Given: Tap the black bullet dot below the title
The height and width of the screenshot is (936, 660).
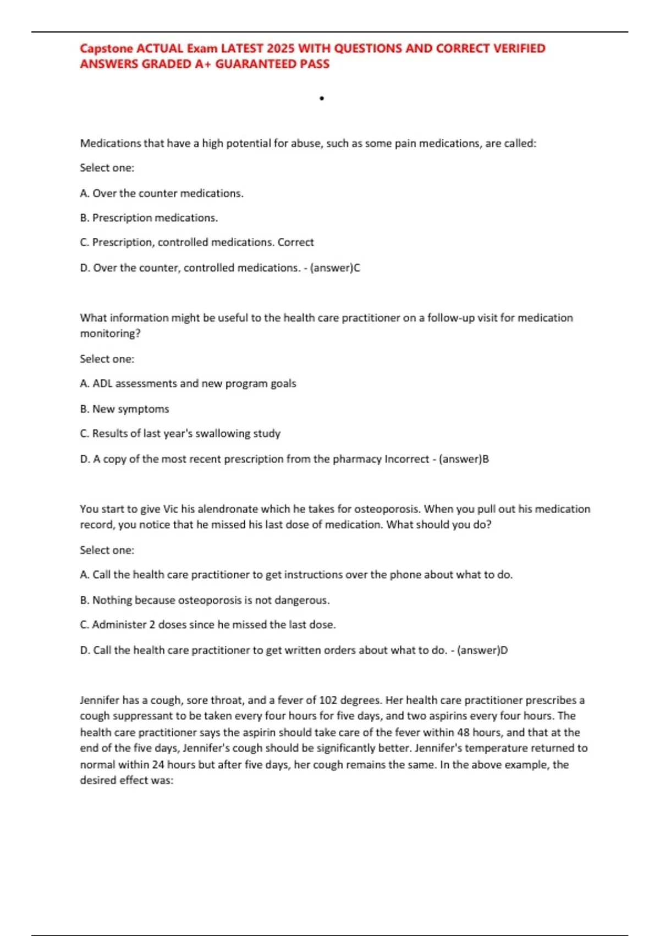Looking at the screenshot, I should pyautogui.click(x=322, y=99).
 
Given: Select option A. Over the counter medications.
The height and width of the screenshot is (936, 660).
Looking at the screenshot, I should pyautogui.click(x=162, y=193).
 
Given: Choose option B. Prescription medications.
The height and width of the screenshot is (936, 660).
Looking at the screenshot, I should pyautogui.click(x=149, y=218).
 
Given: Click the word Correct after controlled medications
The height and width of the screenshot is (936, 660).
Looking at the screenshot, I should pyautogui.click(x=295, y=242).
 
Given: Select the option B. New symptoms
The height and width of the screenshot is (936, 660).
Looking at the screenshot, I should pyautogui.click(x=124, y=409).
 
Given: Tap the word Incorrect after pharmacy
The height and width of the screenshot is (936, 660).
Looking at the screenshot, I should pyautogui.click(x=406, y=459).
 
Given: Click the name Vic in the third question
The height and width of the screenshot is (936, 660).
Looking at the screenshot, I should pyautogui.click(x=171, y=509).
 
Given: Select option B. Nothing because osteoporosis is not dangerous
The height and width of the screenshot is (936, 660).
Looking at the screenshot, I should pyautogui.click(x=205, y=600).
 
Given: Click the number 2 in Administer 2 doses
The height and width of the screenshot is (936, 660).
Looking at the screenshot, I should pyautogui.click(x=152, y=625).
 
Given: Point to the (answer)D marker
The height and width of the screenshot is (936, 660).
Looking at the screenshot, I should pyautogui.click(x=482, y=650).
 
